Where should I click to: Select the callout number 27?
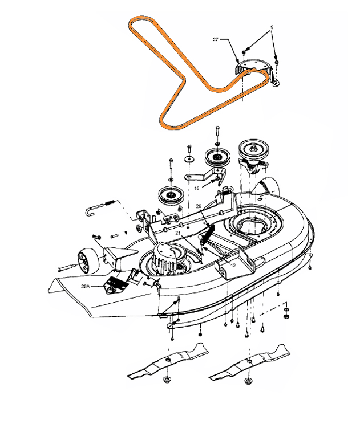point(216,39)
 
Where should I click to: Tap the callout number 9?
point(272,26)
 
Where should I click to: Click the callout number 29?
point(198,206)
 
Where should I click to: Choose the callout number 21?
point(178,233)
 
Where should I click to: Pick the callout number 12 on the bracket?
point(233,265)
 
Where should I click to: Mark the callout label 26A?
point(89,280)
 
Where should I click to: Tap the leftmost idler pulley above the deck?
point(169,197)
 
